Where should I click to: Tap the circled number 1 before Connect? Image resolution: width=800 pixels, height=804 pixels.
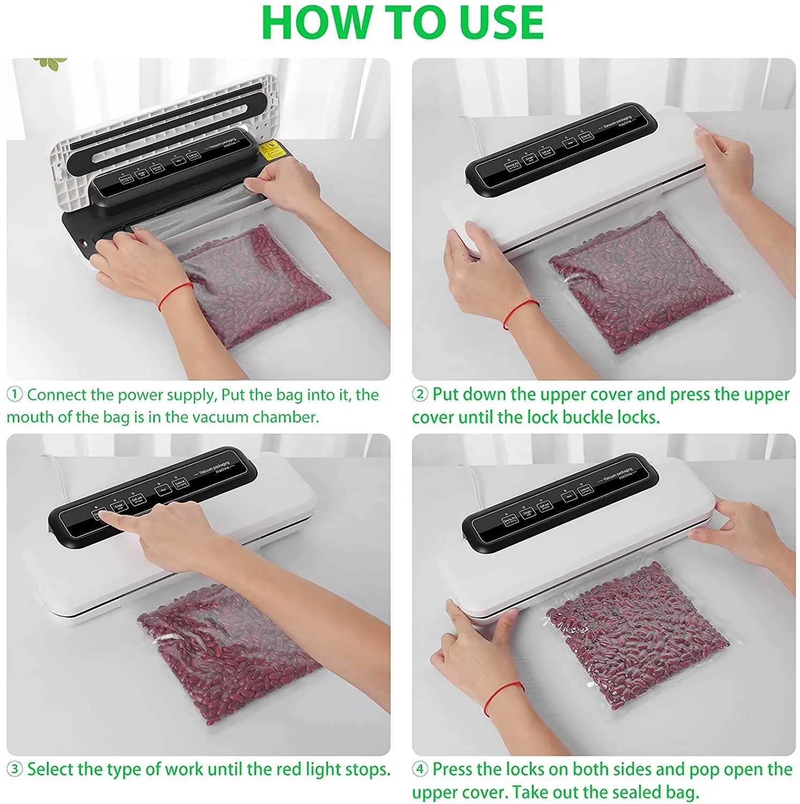click(x=14, y=395)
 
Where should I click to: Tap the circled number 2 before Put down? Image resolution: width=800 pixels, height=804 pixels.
click(x=420, y=394)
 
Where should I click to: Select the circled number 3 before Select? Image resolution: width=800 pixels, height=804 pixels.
click(x=14, y=770)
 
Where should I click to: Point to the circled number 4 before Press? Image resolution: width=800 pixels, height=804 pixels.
click(x=420, y=770)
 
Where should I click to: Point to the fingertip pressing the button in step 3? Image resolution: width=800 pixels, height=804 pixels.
click(x=102, y=516)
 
